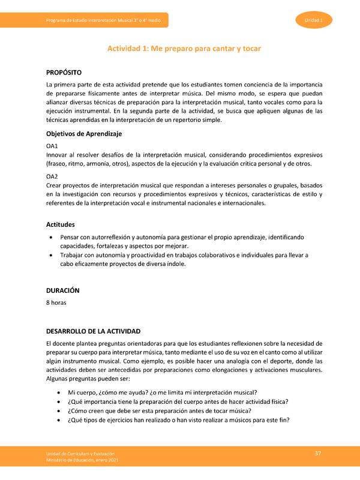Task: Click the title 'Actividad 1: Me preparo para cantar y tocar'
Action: tap(184, 47)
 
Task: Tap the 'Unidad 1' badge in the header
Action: tap(314, 21)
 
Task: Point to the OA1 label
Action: tap(52, 146)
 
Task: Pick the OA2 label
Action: tap(52, 176)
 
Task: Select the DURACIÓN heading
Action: tap(63, 290)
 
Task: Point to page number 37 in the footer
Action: tap(319, 452)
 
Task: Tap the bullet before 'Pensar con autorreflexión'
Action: tap(58, 238)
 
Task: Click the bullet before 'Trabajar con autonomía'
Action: tap(58, 255)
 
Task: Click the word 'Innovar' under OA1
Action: tap(57, 155)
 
